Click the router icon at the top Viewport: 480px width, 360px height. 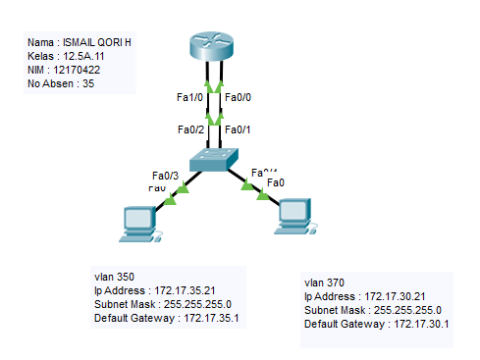coord(215,45)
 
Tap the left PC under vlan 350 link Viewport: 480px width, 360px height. coord(136,223)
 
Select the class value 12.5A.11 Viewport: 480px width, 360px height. coord(81,57)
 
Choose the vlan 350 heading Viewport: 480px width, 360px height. coord(114,276)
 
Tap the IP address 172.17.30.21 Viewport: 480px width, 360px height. coord(400,295)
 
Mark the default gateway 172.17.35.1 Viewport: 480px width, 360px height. coord(209,318)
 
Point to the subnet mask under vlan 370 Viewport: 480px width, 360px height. coord(411,309)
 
